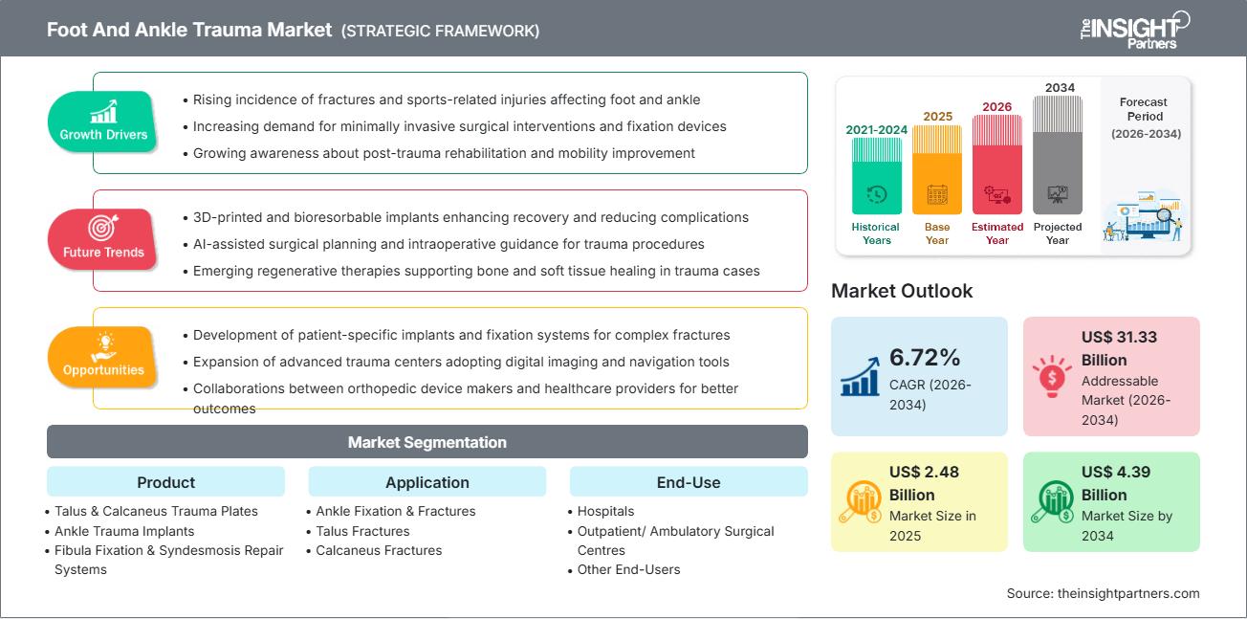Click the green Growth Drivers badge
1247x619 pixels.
pyautogui.click(x=102, y=121)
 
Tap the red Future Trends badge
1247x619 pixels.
pyautogui.click(x=102, y=239)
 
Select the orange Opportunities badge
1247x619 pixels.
pyautogui.click(x=102, y=357)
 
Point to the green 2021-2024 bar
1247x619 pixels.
pyautogui.click(x=877, y=176)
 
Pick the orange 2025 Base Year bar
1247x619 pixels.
pyautogui.click(x=937, y=170)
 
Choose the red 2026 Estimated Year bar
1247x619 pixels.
pyautogui.click(x=997, y=165)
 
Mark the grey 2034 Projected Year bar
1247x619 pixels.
pyautogui.click(x=1058, y=155)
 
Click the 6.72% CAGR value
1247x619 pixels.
pyautogui.click(x=925, y=357)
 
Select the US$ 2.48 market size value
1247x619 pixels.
pyautogui.click(x=924, y=472)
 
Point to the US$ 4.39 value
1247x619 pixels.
pyautogui.click(x=1116, y=472)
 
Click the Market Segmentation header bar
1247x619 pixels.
pyautogui.click(x=427, y=442)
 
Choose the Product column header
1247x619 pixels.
pyautogui.click(x=165, y=482)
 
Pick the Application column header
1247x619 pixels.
pyautogui.click(x=427, y=482)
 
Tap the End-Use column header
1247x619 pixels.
pyautogui.click(x=689, y=482)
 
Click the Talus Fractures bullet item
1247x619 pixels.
pyautogui.click(x=362, y=531)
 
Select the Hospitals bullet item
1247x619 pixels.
pyautogui.click(x=605, y=511)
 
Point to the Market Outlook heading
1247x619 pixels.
pyautogui.click(x=902, y=291)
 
